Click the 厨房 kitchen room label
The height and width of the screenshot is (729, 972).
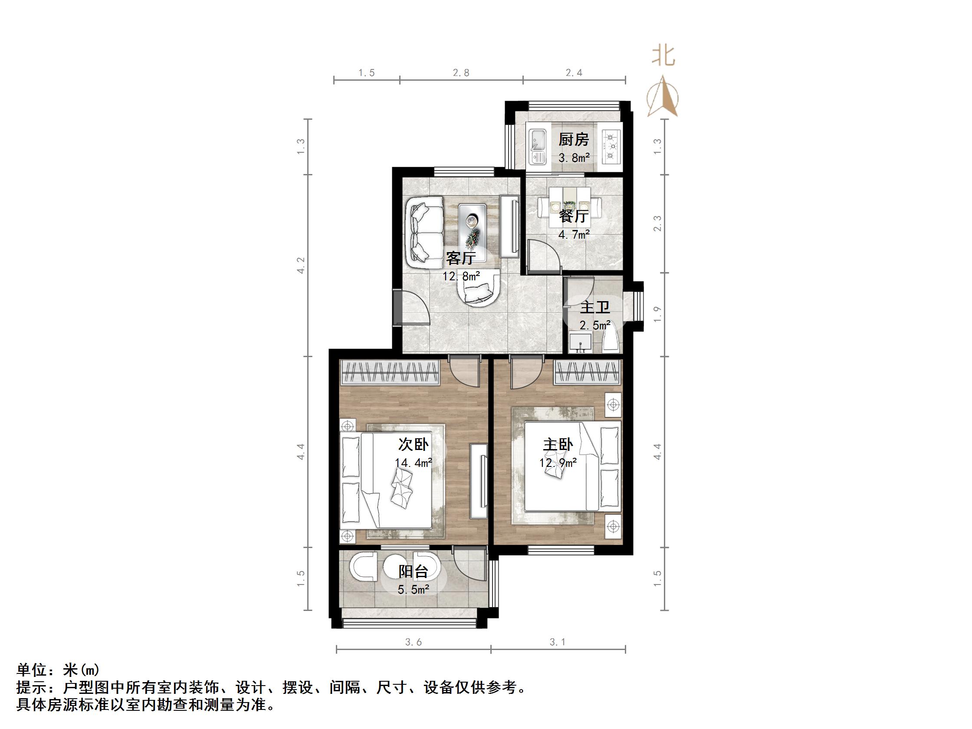point(574,140)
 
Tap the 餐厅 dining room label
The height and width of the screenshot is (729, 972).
point(574,216)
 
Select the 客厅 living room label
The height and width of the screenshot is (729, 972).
point(460,258)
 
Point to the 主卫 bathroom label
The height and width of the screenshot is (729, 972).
point(595,307)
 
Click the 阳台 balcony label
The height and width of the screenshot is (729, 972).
point(413,571)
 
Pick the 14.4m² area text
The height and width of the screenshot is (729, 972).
point(413,463)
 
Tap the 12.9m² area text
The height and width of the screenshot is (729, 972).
point(558,463)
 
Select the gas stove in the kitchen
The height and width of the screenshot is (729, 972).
point(611,145)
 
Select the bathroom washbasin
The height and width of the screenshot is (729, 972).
point(580,343)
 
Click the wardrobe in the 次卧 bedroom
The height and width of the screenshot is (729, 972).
point(390,373)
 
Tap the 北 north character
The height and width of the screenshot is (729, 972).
point(663,56)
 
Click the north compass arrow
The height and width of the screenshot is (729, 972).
point(663,98)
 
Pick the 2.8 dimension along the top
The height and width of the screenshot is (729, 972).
point(461,73)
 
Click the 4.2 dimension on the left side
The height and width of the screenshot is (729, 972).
point(301,266)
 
